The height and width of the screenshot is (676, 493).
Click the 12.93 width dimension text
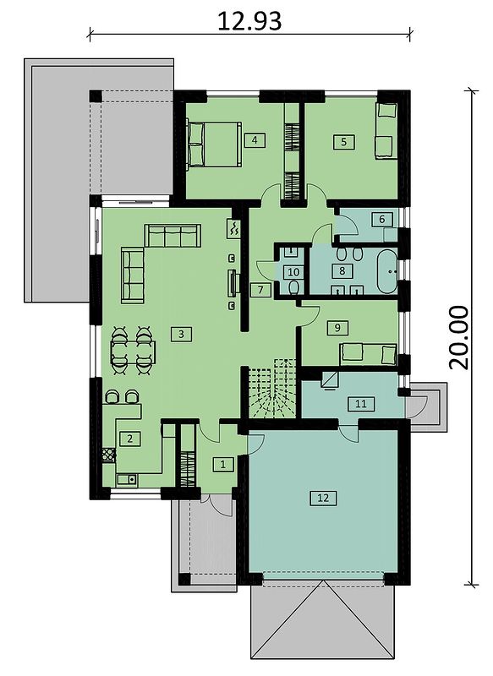(x=249, y=20)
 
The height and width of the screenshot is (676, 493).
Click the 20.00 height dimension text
(x=458, y=337)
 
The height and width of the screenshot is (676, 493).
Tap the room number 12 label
(x=323, y=498)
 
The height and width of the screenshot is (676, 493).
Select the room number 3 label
(x=181, y=334)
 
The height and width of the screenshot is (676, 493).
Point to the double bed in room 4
(x=213, y=144)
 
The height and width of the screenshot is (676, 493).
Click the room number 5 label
(x=344, y=142)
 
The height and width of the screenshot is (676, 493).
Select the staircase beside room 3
(x=272, y=387)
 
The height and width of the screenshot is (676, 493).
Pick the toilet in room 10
(x=294, y=287)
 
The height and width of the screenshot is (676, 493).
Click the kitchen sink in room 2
(x=127, y=478)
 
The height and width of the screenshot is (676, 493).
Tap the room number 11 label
(x=361, y=404)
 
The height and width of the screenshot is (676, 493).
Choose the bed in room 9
(x=368, y=354)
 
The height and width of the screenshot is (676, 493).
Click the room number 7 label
(x=260, y=290)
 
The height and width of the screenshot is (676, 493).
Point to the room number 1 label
(x=223, y=464)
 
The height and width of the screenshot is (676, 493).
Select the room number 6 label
(x=381, y=220)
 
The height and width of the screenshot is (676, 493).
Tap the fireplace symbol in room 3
(x=233, y=227)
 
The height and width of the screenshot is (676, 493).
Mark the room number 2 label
(x=129, y=439)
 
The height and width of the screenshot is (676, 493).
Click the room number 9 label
(x=337, y=328)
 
